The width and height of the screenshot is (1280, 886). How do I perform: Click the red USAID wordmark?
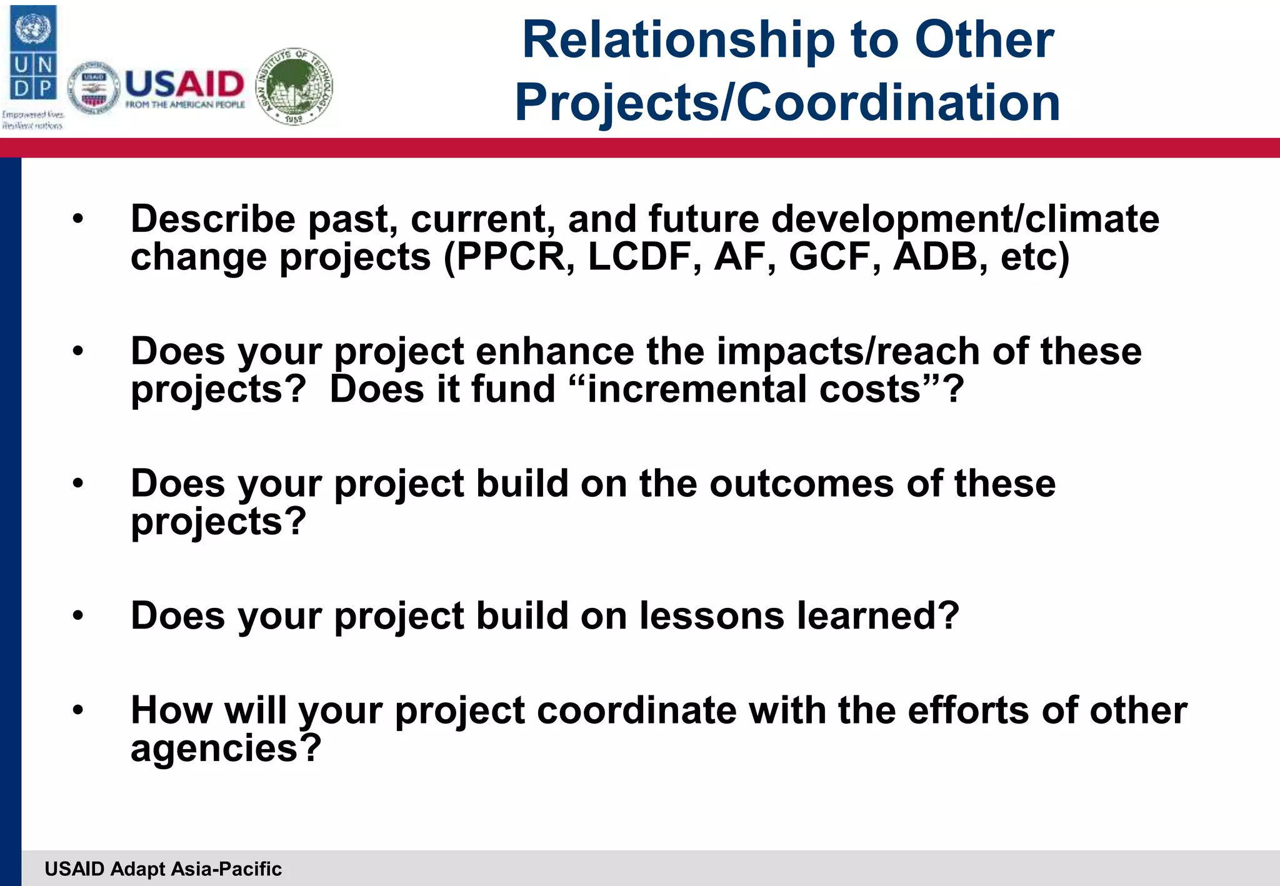[x=185, y=84]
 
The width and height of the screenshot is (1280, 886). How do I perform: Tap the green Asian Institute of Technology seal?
[x=295, y=87]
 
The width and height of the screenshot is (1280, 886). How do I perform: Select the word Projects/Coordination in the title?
[x=787, y=102]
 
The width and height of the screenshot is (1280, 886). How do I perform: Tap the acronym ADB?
[x=935, y=257]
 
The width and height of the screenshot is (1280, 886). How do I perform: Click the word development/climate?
[x=965, y=220]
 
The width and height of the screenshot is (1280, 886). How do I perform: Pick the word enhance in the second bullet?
[x=555, y=352]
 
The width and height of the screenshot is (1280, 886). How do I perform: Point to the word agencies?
[x=226, y=749]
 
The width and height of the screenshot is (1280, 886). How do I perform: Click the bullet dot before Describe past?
[x=77, y=219]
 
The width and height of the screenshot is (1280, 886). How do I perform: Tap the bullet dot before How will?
[x=77, y=710]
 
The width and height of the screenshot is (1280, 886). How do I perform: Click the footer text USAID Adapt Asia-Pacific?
[x=163, y=869]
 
